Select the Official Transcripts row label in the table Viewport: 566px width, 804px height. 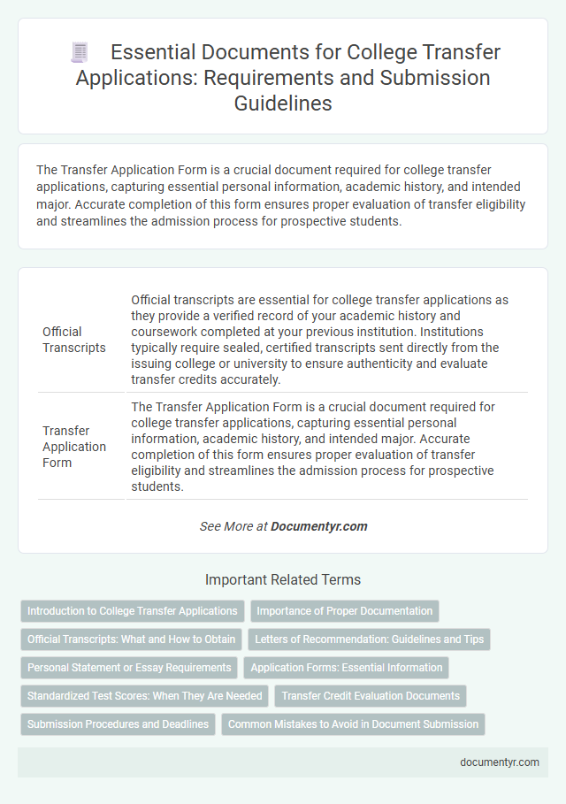click(x=74, y=340)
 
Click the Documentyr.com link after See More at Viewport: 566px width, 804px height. click(x=318, y=526)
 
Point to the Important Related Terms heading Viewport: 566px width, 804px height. click(x=283, y=580)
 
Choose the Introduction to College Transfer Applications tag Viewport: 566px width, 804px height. click(x=133, y=611)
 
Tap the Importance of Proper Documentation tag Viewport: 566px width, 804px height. click(x=345, y=611)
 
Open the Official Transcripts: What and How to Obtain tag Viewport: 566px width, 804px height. click(x=131, y=639)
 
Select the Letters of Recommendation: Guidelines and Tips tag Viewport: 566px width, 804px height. click(x=370, y=639)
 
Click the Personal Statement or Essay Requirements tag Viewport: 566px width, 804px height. click(x=129, y=668)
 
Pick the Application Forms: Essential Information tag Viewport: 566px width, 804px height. click(x=347, y=668)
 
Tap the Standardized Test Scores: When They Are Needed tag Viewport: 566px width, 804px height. click(x=145, y=696)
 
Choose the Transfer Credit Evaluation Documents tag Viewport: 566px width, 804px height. click(x=371, y=696)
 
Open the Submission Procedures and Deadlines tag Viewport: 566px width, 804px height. click(x=118, y=724)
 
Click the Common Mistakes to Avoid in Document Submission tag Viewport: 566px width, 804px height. click(x=353, y=724)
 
